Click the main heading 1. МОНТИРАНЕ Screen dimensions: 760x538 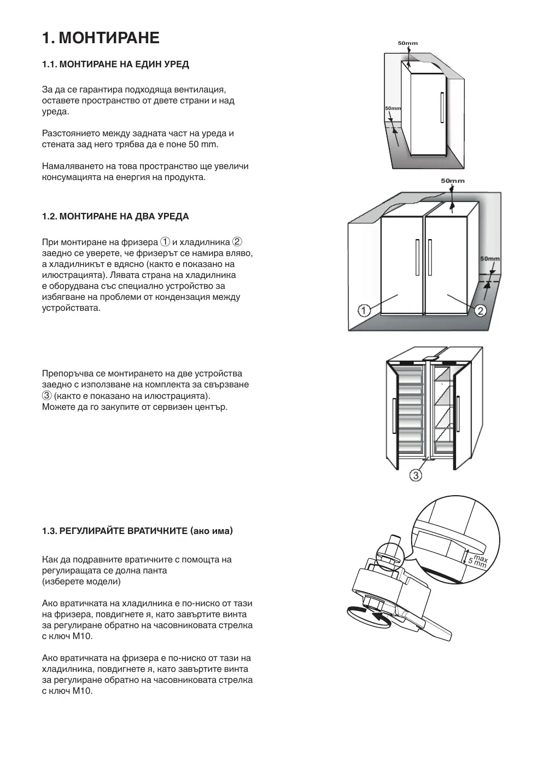point(101,38)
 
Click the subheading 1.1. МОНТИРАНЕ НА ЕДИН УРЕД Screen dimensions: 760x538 point(115,65)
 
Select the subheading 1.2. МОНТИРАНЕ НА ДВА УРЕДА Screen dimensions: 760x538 point(115,217)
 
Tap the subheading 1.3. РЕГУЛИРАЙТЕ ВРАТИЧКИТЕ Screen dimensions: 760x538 point(137,531)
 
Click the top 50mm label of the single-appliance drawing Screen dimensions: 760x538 point(407,43)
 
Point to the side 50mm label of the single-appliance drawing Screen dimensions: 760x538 point(393,108)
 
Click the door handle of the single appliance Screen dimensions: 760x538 point(441,108)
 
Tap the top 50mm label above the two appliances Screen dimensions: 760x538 point(453,181)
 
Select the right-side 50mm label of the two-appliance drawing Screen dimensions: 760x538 point(490,258)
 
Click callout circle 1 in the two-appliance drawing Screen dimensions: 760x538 point(364,311)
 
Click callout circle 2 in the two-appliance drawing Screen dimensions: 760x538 point(480,311)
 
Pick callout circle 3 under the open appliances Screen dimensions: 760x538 point(416,475)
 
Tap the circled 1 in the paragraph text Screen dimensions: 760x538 point(165,242)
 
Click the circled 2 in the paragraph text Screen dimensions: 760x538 point(237,242)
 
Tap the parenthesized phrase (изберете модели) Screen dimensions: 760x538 point(81,581)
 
